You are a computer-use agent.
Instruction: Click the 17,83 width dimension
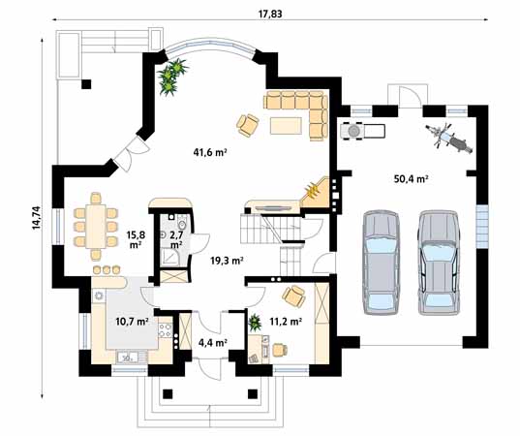point(270,14)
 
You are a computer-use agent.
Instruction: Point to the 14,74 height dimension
point(36,218)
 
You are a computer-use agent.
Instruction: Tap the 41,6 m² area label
point(210,152)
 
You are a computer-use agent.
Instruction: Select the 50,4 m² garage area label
point(411,179)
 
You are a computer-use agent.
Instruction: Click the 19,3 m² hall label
point(228,261)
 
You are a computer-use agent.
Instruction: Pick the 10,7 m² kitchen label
point(132,321)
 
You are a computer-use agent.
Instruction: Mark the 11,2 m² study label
point(286,321)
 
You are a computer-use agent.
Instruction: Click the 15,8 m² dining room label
point(136,239)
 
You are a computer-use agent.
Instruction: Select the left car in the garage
point(381,262)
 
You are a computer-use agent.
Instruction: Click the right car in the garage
point(439,262)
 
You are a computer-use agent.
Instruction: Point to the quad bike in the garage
point(362,130)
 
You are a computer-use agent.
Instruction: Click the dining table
point(96,227)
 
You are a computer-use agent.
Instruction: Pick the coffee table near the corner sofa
point(286,126)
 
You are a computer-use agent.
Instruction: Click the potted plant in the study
point(255,322)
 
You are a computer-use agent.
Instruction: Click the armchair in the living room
point(248,124)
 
